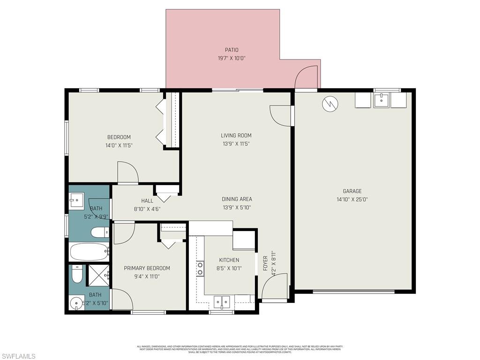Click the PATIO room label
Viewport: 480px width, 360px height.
tap(232, 50)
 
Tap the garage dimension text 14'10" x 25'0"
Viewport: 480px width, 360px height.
tap(352, 199)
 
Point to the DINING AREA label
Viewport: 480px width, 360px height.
tap(237, 199)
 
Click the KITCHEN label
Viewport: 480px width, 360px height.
tap(229, 260)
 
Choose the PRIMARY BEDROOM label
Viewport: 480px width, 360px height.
tap(147, 268)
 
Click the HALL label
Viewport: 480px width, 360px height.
tap(147, 201)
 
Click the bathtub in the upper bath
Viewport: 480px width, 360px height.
tap(89, 252)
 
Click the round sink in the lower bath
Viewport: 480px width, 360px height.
tap(75, 303)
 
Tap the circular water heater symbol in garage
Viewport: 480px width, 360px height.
tap(330, 104)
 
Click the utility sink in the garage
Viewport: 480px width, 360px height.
tap(382, 100)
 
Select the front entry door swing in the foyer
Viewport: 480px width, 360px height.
tap(274, 287)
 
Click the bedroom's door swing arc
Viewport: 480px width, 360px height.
tap(128, 172)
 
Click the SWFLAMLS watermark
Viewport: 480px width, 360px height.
tap(18, 357)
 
